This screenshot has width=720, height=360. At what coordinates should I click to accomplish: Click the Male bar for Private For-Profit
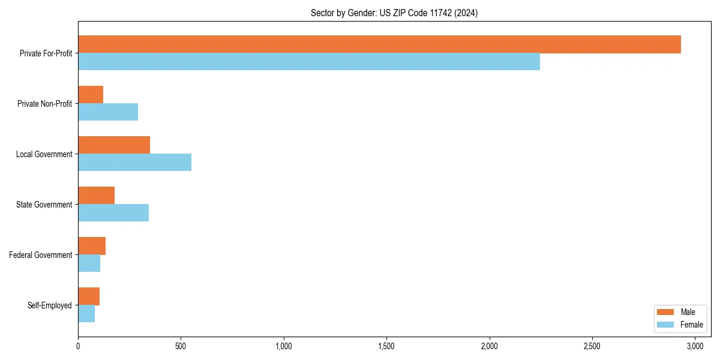tap(379, 44)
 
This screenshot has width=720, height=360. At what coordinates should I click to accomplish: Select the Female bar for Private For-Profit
tap(309, 62)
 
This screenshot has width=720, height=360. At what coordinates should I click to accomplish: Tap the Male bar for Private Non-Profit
tap(91, 95)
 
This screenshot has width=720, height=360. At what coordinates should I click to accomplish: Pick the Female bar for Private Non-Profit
tap(108, 112)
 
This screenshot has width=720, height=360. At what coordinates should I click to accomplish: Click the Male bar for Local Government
tap(114, 145)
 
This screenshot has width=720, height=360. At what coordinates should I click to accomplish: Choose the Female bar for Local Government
tap(134, 163)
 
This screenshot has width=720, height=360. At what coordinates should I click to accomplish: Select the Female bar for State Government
tap(113, 213)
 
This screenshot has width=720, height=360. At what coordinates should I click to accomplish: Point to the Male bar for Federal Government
tap(92, 246)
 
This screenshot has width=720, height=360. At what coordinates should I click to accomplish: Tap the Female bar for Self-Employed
tap(86, 314)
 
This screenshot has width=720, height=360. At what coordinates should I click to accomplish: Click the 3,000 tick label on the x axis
tap(695, 346)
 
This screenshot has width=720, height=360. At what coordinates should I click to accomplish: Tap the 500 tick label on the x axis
tap(181, 346)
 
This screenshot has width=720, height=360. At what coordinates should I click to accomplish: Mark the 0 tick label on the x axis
tap(78, 346)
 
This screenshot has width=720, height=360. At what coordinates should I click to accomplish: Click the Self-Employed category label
tap(50, 305)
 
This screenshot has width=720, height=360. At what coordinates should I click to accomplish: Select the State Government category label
tap(44, 205)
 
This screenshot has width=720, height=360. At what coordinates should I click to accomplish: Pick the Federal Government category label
tap(41, 255)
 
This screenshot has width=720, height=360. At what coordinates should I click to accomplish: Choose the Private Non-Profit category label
tap(44, 104)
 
